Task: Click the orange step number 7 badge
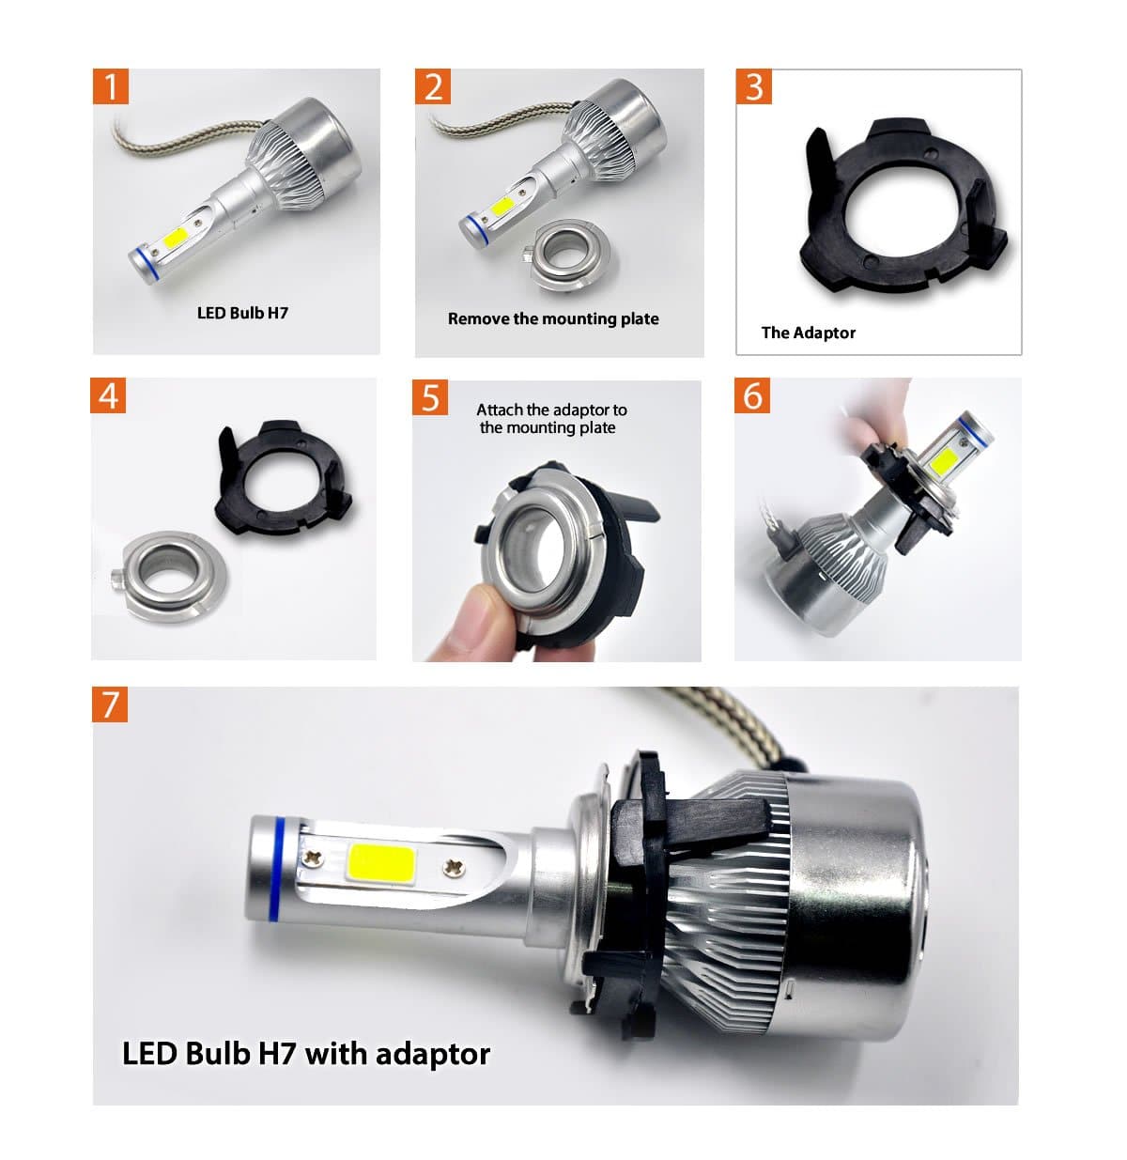click(110, 704)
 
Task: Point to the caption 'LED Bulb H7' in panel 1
click(242, 313)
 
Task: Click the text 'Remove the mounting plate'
click(553, 318)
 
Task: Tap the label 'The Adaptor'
click(808, 333)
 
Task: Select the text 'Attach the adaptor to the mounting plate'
click(550, 419)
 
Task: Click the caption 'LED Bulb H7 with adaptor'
click(306, 1053)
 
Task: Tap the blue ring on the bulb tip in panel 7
click(278, 869)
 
